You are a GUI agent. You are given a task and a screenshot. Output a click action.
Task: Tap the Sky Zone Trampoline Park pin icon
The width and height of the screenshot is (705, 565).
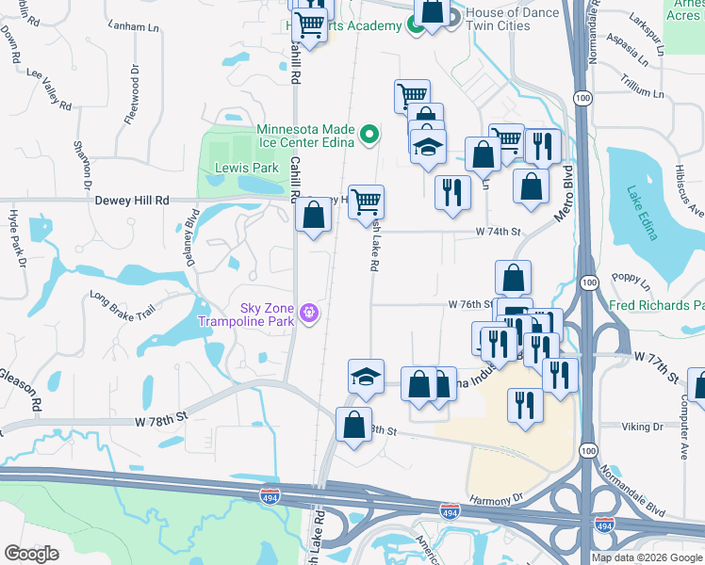click(308, 312)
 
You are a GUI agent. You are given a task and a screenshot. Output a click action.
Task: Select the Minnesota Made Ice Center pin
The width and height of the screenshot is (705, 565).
click(369, 135)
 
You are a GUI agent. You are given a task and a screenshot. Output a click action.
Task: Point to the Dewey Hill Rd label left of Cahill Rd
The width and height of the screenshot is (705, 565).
click(131, 201)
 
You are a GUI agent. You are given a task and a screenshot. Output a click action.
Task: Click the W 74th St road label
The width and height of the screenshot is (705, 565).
click(499, 231)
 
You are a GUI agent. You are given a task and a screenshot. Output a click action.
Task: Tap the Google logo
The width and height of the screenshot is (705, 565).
click(31, 554)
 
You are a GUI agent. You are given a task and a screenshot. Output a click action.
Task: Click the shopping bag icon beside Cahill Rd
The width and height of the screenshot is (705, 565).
click(313, 215)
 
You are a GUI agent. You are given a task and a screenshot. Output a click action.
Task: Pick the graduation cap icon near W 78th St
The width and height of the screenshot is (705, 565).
click(366, 377)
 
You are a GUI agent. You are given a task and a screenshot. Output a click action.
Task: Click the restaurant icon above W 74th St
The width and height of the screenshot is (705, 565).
click(452, 192)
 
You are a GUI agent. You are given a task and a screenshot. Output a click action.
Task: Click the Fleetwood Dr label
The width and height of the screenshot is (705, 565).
click(135, 89)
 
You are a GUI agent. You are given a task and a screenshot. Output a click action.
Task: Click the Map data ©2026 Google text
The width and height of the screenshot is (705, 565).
click(646, 557)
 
